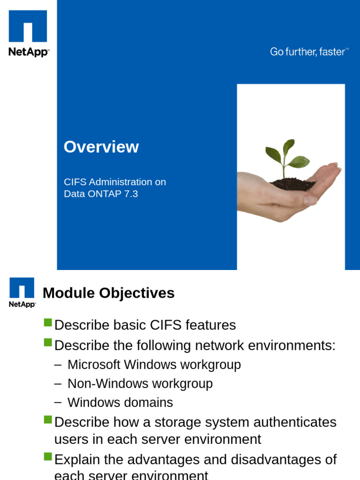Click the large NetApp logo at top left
point(28,33)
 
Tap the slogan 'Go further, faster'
point(308,52)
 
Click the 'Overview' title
point(101,147)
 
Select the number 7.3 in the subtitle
point(131,194)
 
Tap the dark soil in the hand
point(293,184)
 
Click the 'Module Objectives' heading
point(108,293)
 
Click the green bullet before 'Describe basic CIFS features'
point(47,322)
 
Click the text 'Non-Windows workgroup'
point(140,383)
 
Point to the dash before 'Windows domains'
point(58,402)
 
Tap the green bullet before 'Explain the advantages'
point(47,457)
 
